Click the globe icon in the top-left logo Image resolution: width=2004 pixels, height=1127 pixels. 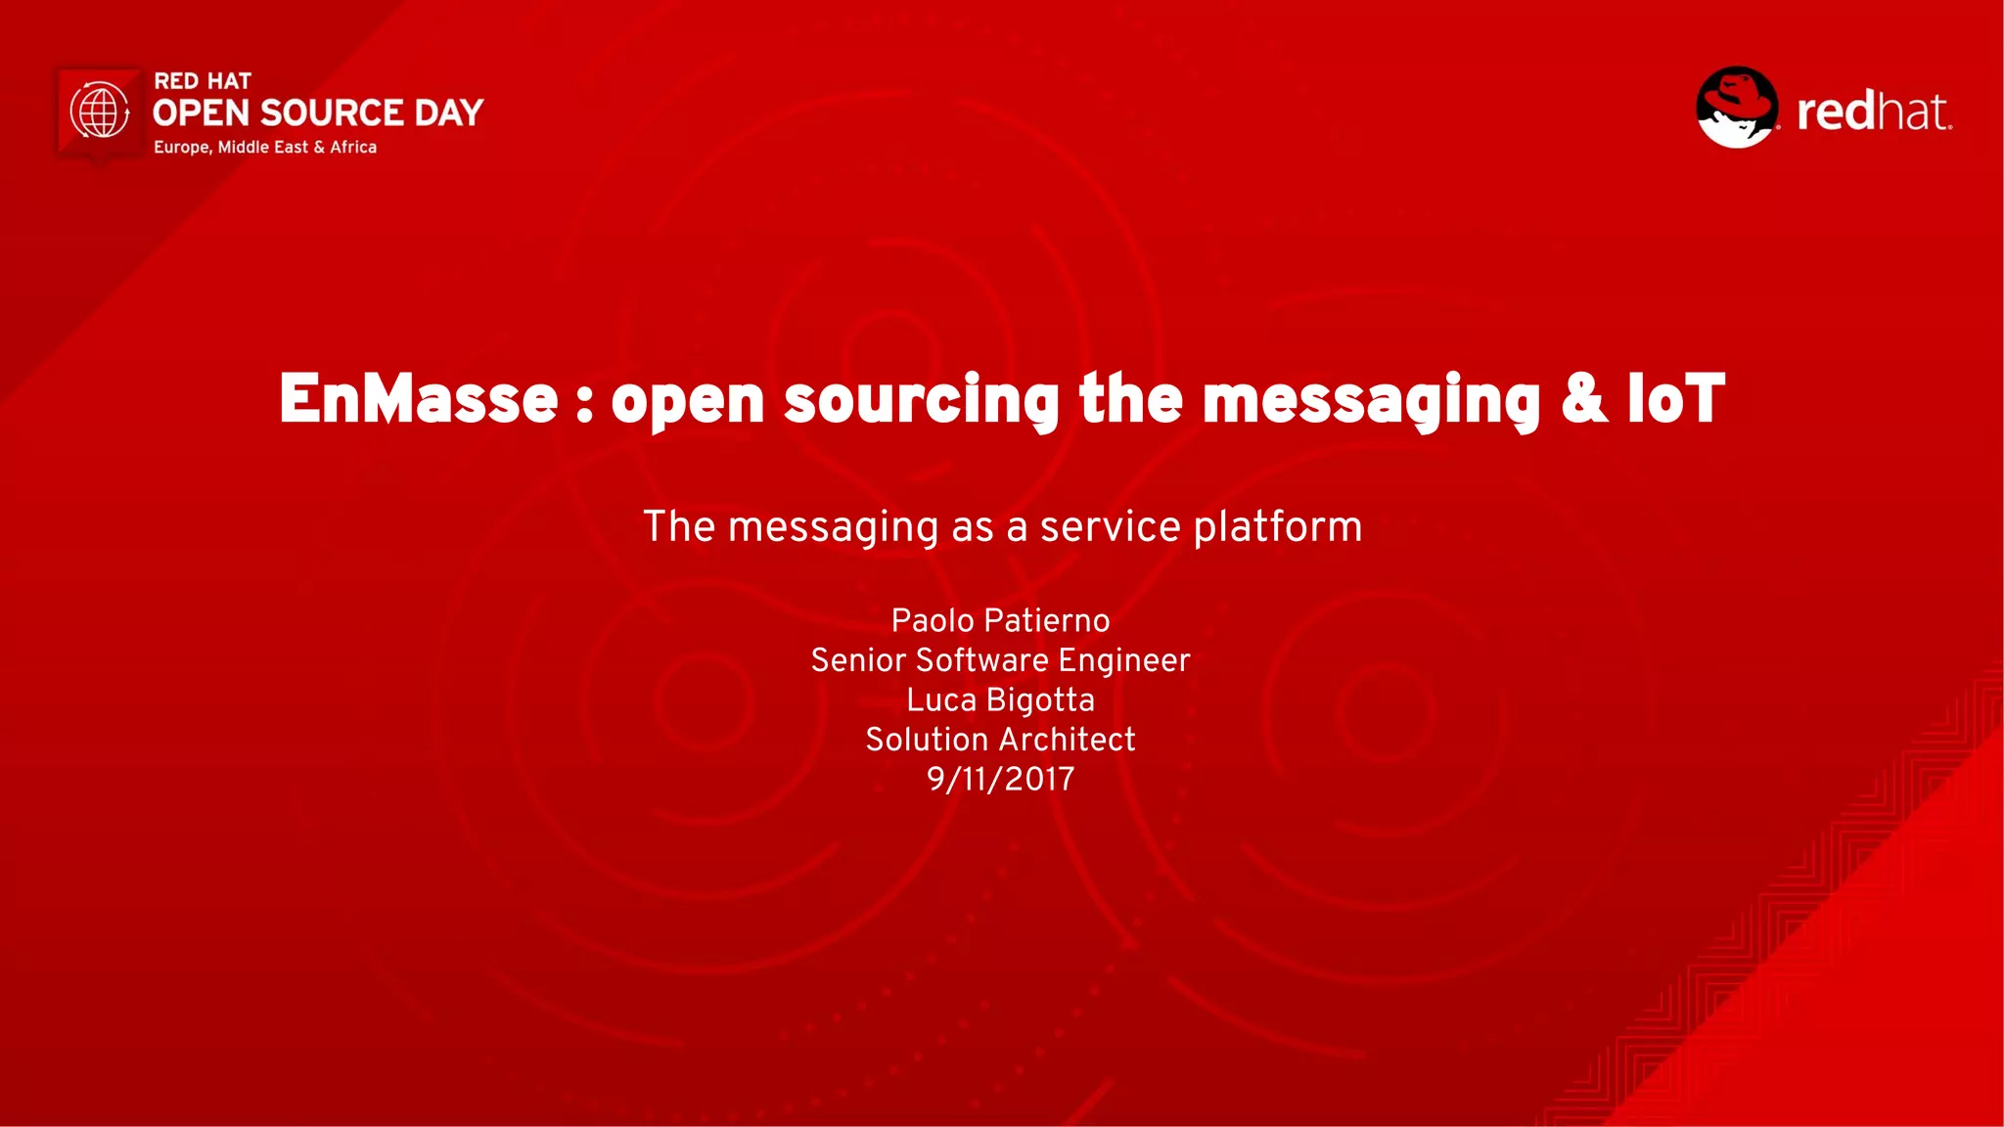click(x=100, y=111)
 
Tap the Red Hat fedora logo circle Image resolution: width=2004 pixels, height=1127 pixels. click(x=1737, y=108)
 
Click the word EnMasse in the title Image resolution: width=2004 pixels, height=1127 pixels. click(x=418, y=399)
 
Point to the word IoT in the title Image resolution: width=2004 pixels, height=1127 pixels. click(x=1675, y=399)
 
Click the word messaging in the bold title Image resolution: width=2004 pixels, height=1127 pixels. click(x=1371, y=401)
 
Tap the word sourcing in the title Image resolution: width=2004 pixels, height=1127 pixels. click(x=921, y=401)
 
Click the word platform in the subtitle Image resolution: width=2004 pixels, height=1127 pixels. click(x=1278, y=527)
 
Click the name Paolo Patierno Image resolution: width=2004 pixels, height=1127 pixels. click(x=1000, y=620)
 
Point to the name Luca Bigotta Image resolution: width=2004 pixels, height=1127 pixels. click(x=1000, y=699)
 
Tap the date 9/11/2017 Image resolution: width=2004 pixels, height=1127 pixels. click(x=1000, y=779)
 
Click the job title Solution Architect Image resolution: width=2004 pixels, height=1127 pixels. click(x=1000, y=740)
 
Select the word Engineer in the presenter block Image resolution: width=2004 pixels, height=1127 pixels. click(x=1123, y=661)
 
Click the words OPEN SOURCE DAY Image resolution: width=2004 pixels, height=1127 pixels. click(x=318, y=113)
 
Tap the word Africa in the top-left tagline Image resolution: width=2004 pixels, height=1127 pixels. click(x=353, y=148)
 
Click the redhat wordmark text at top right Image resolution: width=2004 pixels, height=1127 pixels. click(x=1873, y=112)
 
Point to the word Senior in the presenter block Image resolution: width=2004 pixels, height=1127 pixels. click(x=858, y=660)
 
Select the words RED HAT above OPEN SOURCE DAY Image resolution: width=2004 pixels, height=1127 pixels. click(x=203, y=81)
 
